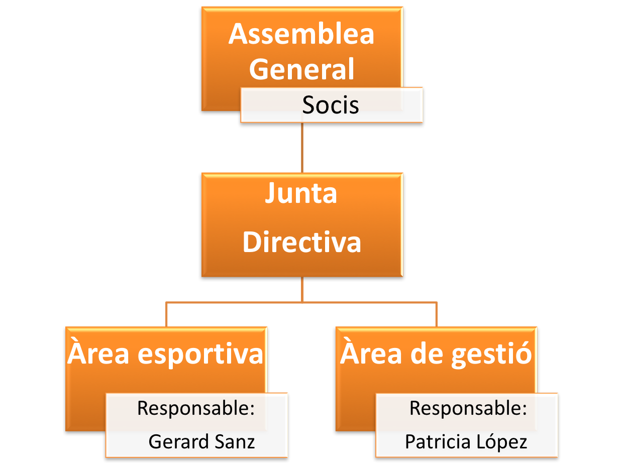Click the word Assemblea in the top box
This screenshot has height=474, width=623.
click(x=301, y=34)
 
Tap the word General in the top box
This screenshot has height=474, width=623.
click(x=301, y=69)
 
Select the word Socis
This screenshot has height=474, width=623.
click(x=331, y=105)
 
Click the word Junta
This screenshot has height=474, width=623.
click(x=301, y=194)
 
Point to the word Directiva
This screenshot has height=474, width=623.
click(x=301, y=242)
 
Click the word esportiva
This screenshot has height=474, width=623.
click(x=200, y=354)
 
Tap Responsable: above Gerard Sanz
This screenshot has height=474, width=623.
click(x=195, y=408)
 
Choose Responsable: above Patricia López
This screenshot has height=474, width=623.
click(x=468, y=408)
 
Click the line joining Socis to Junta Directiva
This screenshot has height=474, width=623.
click(x=302, y=148)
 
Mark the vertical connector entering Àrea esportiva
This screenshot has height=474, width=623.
click(x=166, y=315)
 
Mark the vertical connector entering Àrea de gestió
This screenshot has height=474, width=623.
click(x=436, y=315)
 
